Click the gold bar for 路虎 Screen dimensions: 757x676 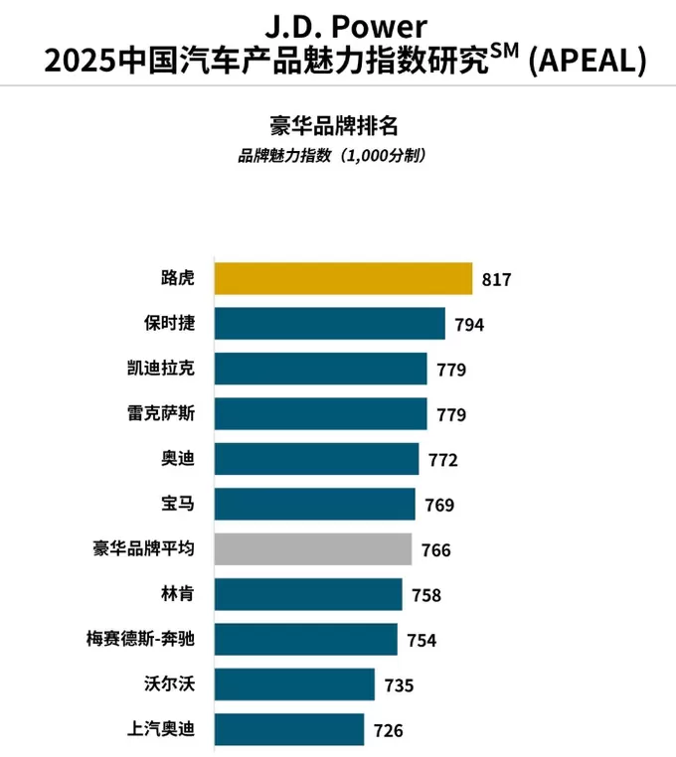click(x=343, y=278)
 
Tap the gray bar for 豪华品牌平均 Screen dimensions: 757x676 click(x=313, y=549)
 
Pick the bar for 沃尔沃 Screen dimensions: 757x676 click(x=294, y=684)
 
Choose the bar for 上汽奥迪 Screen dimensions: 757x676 click(x=289, y=729)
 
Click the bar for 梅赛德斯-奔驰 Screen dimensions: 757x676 click(x=305, y=639)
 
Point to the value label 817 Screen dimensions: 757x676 click(x=495, y=280)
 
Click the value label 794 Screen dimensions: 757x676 click(x=468, y=325)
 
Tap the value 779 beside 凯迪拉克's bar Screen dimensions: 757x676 click(x=450, y=370)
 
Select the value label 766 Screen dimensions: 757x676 click(x=435, y=550)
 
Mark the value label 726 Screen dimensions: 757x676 click(x=388, y=730)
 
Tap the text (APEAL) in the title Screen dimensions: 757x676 click(x=587, y=62)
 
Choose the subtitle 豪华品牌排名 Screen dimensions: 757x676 click(x=337, y=126)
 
